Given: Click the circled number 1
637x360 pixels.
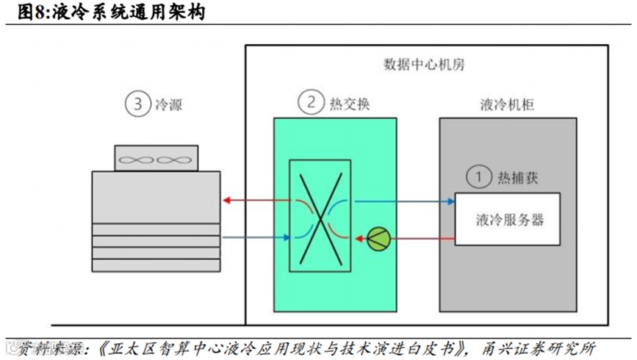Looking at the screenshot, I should pyautogui.click(x=478, y=176).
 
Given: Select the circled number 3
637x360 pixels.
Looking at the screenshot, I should pyautogui.click(x=137, y=104).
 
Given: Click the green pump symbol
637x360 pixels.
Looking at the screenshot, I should pyautogui.click(x=379, y=238).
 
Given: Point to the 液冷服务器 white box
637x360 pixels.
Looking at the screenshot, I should pyautogui.click(x=507, y=219).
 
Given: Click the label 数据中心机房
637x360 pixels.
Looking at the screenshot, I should pyautogui.click(x=424, y=64).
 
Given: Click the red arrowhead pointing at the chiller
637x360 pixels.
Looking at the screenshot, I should pyautogui.click(x=227, y=199).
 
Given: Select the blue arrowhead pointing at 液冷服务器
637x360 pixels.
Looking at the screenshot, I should pyautogui.click(x=449, y=199).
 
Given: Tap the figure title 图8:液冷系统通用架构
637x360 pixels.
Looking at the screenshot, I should pyautogui.click(x=102, y=12).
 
